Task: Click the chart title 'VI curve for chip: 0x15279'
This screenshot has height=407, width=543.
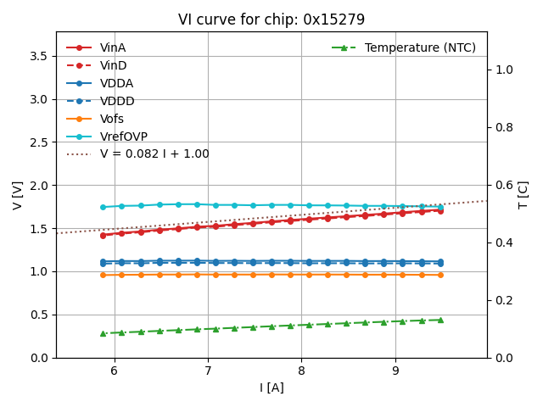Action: point(271,20)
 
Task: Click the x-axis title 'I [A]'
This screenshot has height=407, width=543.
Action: point(271,387)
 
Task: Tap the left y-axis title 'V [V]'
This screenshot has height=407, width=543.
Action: point(18,195)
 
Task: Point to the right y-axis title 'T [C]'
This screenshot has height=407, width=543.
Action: point(523,195)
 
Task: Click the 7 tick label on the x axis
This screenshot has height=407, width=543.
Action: point(208,371)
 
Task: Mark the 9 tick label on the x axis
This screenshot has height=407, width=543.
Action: point(395,371)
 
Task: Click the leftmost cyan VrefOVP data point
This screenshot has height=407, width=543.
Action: point(104,207)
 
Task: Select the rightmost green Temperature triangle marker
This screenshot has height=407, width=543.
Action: point(440,320)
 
